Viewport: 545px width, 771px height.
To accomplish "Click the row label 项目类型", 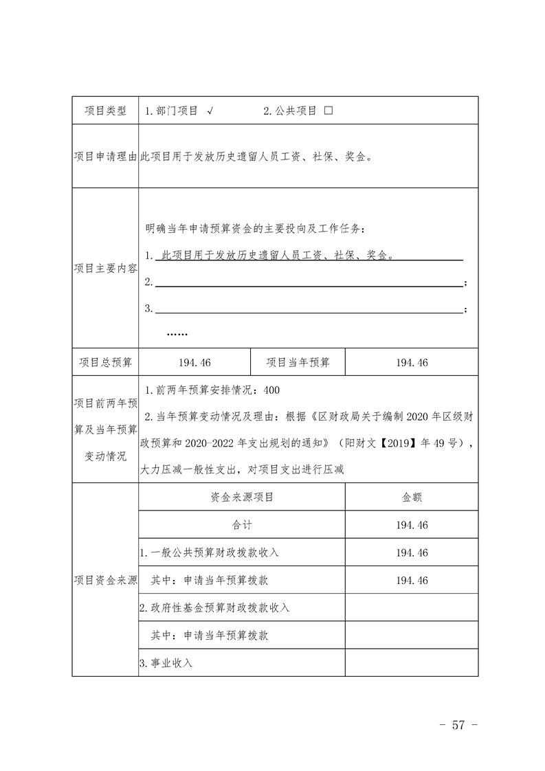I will pyautogui.click(x=105, y=111).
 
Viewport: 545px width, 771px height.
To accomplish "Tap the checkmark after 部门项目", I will pyautogui.click(x=210, y=111).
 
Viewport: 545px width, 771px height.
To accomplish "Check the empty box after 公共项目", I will pyautogui.click(x=328, y=111).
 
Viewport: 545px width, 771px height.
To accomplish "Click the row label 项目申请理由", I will pyautogui.click(x=105, y=157).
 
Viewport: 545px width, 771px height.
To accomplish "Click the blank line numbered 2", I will pyautogui.click(x=309, y=283).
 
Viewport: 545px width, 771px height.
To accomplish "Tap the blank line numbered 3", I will pyautogui.click(x=309, y=309).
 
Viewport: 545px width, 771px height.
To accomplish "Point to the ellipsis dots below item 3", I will pyautogui.click(x=177, y=334).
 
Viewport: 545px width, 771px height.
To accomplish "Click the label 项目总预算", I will pyautogui.click(x=105, y=362).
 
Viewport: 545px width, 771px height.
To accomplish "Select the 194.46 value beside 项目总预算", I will pyautogui.click(x=194, y=362).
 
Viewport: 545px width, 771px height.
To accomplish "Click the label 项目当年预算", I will pyautogui.click(x=298, y=362).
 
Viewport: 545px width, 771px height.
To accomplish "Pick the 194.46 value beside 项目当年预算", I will pyautogui.click(x=412, y=362).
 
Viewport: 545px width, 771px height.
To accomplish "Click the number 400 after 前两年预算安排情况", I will pyautogui.click(x=271, y=390).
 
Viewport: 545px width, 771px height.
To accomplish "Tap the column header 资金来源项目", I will pyautogui.click(x=242, y=497).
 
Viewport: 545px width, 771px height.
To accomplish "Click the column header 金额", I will pyautogui.click(x=412, y=497).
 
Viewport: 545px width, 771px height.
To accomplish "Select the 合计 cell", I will pyautogui.click(x=242, y=525).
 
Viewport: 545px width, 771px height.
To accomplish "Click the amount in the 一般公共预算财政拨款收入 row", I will pyautogui.click(x=412, y=552).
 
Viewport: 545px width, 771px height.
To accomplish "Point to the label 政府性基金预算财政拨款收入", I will pyautogui.click(x=214, y=608).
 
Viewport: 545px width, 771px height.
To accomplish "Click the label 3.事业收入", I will pyautogui.click(x=166, y=663).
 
